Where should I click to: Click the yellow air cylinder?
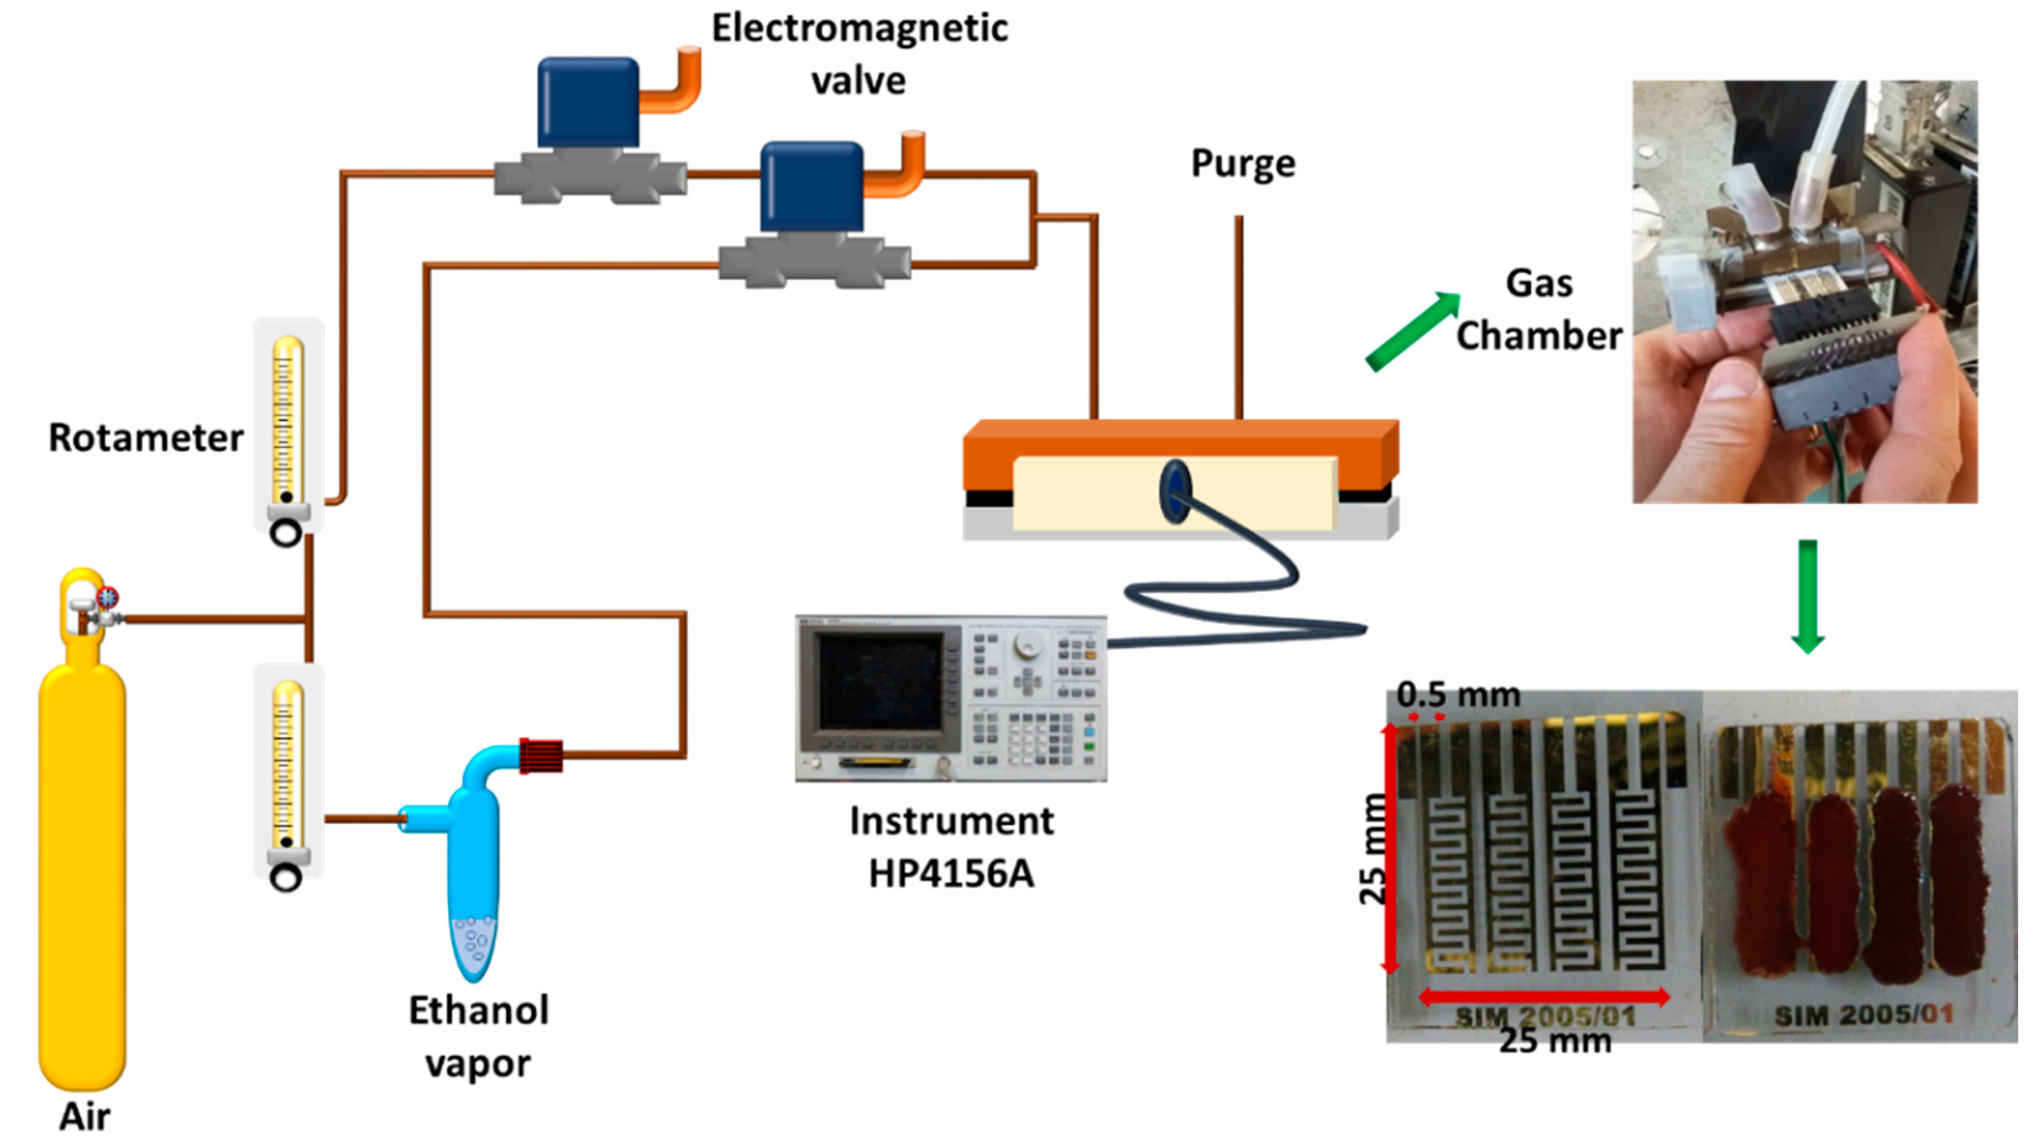point(82,872)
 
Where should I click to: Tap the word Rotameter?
point(146,437)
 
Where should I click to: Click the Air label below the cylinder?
point(84,1117)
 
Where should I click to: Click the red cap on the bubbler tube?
point(541,755)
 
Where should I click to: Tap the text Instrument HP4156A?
point(951,847)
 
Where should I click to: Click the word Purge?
point(1243,164)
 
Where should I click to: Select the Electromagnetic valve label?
point(859,54)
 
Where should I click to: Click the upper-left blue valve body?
point(588,103)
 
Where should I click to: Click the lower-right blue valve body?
point(811,187)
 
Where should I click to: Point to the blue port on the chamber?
point(1175,491)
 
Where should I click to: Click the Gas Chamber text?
point(1539,309)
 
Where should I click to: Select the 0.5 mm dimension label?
point(1458,695)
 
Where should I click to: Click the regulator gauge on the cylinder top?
point(107,597)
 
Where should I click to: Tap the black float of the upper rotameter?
point(286,497)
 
